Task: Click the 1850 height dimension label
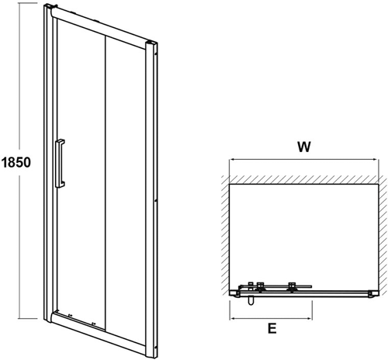click(x=16, y=162)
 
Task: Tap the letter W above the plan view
click(x=304, y=147)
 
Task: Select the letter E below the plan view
click(x=272, y=328)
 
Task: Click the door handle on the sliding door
click(x=60, y=164)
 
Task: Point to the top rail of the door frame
click(x=99, y=29)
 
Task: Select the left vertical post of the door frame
click(x=49, y=163)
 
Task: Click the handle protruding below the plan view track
click(x=251, y=300)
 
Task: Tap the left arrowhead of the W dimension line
click(x=232, y=160)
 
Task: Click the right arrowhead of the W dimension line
click(x=376, y=160)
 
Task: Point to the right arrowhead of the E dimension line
click(x=310, y=318)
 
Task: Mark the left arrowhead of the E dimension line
click(x=232, y=318)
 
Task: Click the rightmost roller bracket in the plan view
click(x=292, y=287)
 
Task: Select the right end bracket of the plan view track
click(x=373, y=294)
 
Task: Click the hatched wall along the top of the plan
click(x=304, y=180)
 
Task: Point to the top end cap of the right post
click(x=151, y=44)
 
